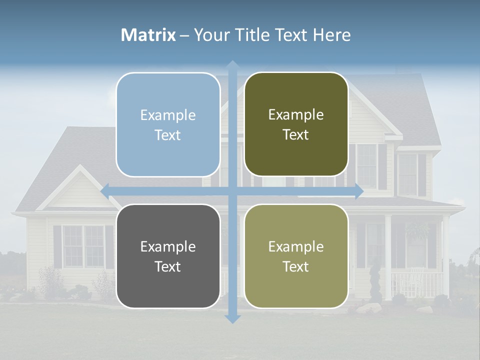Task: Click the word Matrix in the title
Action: [x=148, y=35]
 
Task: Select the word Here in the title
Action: [x=331, y=35]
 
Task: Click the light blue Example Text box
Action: [x=168, y=124]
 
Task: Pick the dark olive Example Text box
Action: [x=296, y=124]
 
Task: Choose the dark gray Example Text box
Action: [x=168, y=256]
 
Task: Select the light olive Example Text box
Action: [x=296, y=256]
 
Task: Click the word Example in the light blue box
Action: [x=168, y=115]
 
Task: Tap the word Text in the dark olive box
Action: [x=296, y=135]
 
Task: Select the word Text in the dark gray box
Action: [x=168, y=266]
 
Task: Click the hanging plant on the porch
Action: [x=417, y=230]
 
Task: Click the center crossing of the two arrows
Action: [x=232, y=190]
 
